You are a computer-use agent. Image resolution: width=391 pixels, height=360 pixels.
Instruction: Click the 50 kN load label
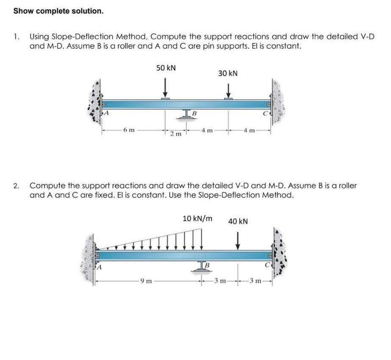pos(166,68)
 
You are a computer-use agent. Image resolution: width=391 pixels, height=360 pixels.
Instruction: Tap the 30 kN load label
pos(228,73)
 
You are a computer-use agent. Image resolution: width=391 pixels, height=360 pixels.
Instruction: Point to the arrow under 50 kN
pos(166,89)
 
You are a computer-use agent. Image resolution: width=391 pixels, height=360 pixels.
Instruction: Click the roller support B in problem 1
pos(187,114)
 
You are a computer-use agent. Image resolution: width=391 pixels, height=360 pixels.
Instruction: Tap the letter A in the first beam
pos(107,113)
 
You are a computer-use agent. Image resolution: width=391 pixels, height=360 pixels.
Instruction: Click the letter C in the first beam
pos(265,113)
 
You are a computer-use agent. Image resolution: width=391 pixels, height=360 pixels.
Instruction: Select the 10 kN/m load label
pos(198,219)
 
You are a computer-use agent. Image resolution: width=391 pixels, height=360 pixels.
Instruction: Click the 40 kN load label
pos(238,221)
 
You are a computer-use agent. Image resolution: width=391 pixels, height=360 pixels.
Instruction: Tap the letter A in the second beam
pos(101,267)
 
